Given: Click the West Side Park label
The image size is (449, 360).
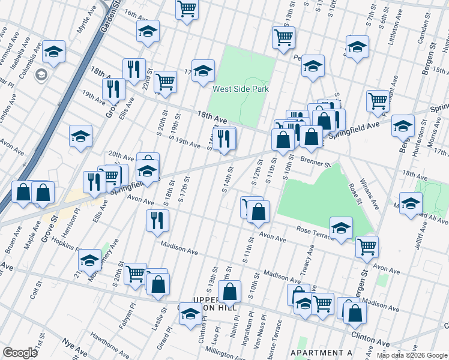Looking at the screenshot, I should click(240, 89).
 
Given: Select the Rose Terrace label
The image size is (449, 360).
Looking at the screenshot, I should click(315, 232).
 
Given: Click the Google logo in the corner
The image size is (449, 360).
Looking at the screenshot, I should click(19, 353).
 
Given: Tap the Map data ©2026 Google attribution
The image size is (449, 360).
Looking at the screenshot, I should click(412, 355).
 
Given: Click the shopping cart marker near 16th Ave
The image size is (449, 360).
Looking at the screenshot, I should click(187, 9).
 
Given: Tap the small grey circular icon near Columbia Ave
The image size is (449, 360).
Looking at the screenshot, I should click(41, 75).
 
